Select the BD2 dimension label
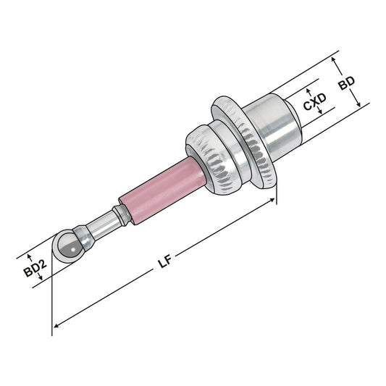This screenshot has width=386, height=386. pos(30,269)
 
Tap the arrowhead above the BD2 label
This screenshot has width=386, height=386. pos(30,256)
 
